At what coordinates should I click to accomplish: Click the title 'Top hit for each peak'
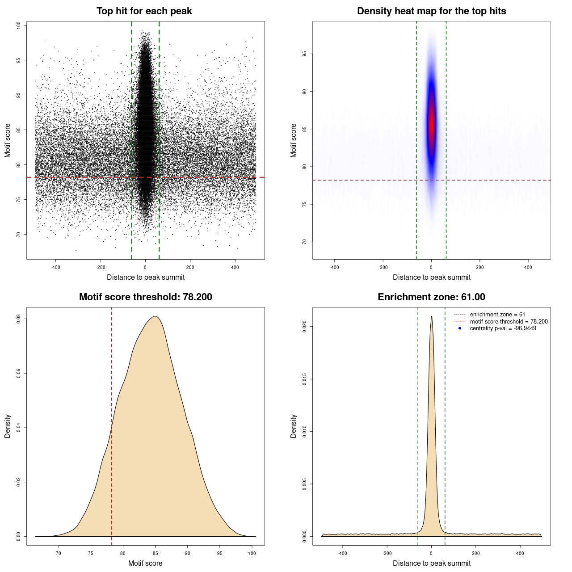(x=144, y=11)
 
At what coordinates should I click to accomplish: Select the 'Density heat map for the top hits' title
(x=431, y=11)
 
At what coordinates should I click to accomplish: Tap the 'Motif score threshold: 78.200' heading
(x=145, y=297)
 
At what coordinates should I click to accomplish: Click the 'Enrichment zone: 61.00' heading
(x=431, y=297)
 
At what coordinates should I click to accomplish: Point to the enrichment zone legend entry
(x=497, y=315)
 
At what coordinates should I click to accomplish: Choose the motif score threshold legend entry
(x=509, y=322)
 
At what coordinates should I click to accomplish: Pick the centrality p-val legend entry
(x=503, y=328)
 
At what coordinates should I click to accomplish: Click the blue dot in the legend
(x=460, y=328)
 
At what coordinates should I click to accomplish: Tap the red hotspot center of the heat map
(x=431, y=127)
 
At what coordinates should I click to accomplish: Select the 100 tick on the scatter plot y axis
(x=18, y=25)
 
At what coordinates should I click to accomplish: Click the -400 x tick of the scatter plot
(x=55, y=267)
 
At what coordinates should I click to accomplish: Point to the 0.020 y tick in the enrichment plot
(x=304, y=327)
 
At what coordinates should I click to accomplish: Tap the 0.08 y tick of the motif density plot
(x=18, y=319)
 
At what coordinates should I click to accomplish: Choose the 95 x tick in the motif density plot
(x=219, y=553)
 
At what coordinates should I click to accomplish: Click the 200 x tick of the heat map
(x=479, y=267)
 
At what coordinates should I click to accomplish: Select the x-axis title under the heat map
(x=431, y=277)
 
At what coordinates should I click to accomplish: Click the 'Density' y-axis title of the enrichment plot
(x=294, y=426)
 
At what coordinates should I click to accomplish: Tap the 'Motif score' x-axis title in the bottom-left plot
(x=145, y=563)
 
